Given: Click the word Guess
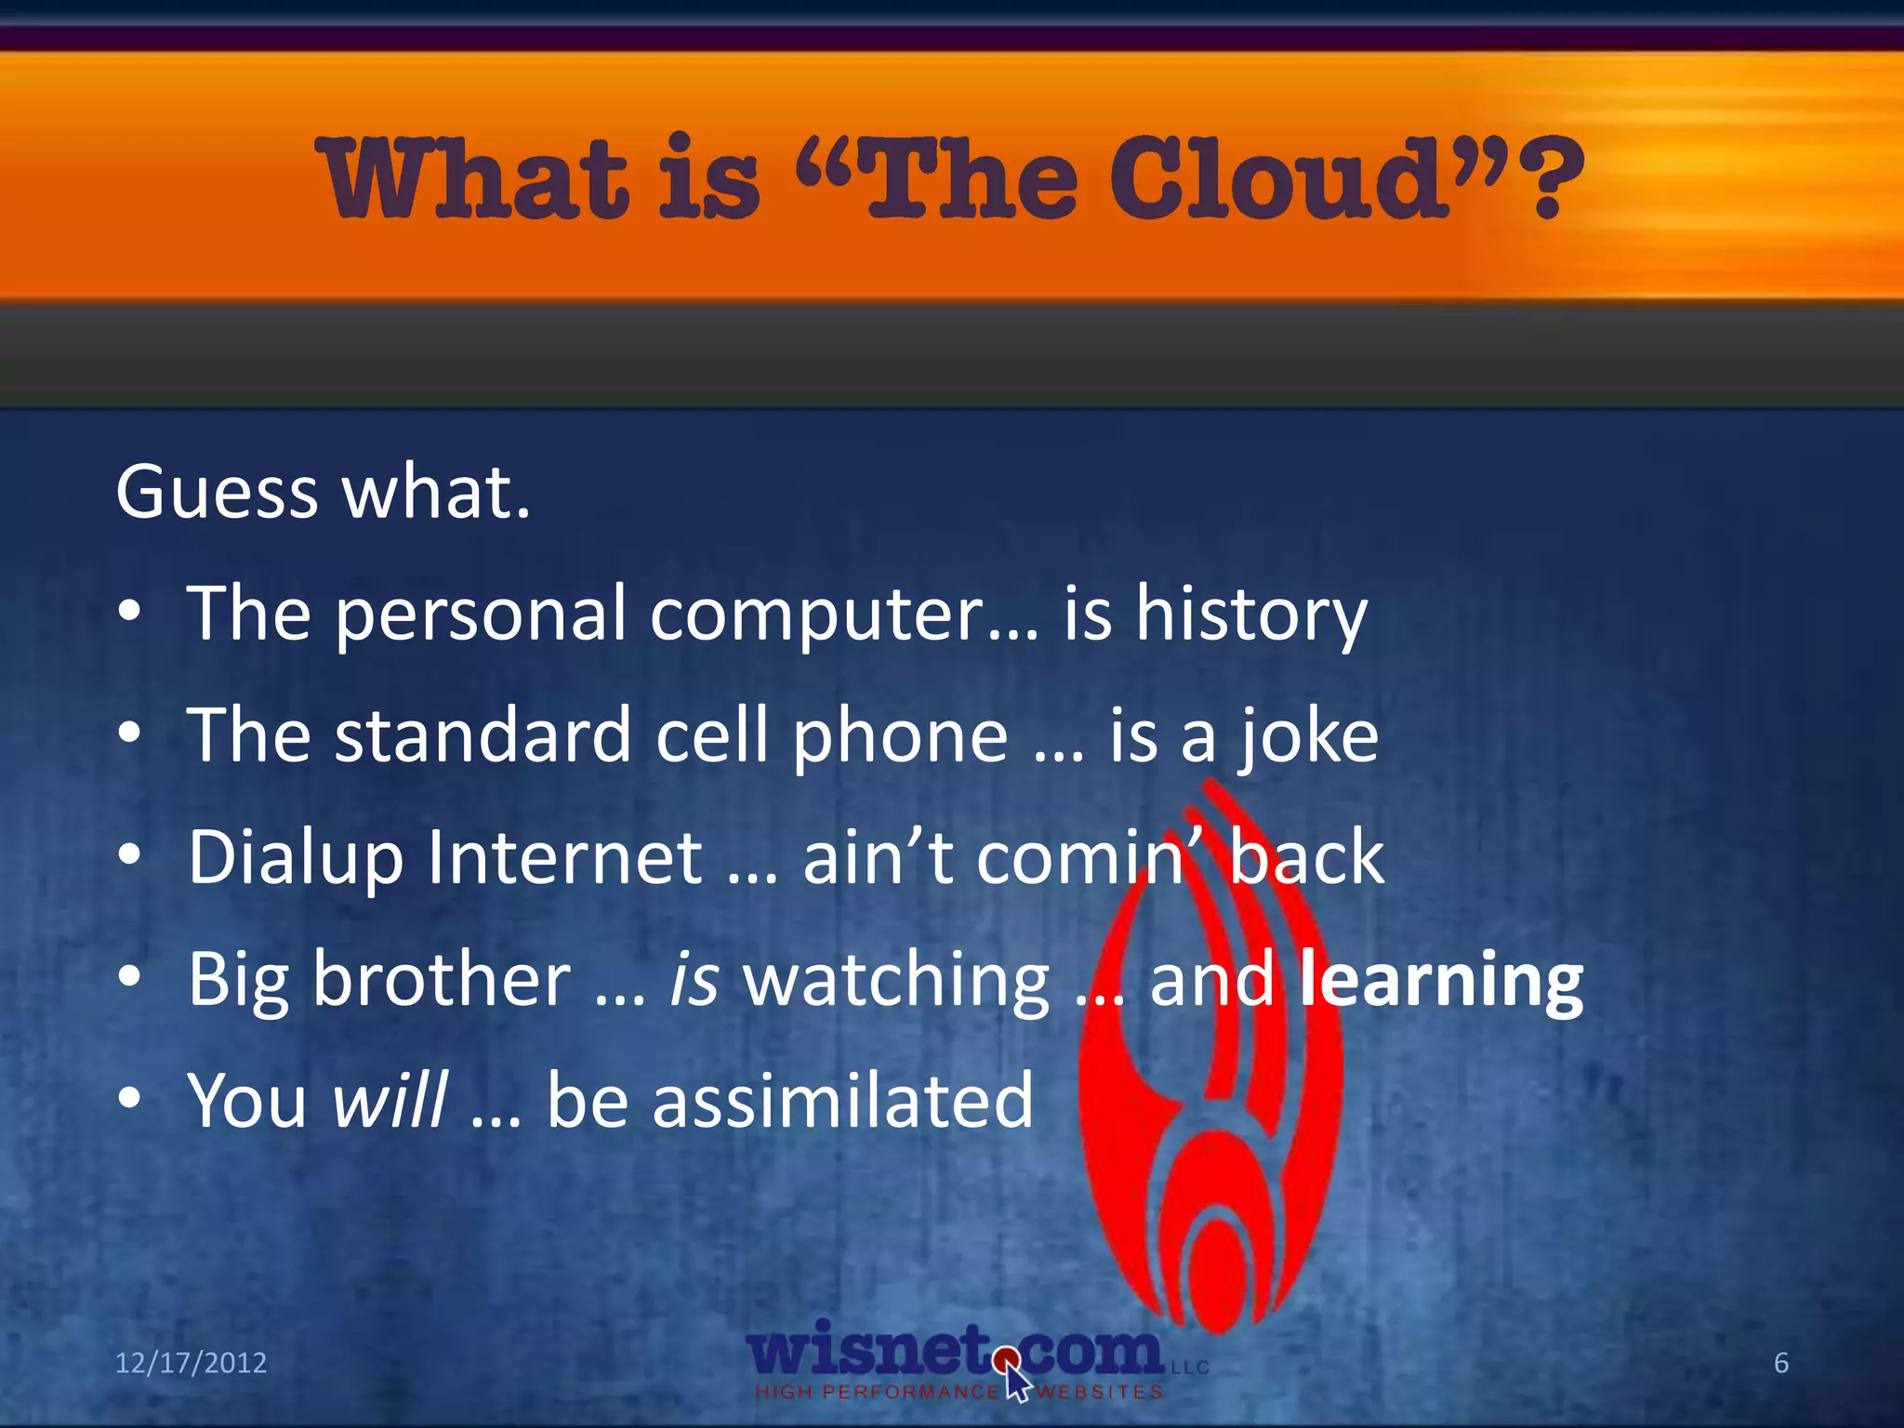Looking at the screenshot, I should (x=217, y=492).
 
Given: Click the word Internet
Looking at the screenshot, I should (x=565, y=857).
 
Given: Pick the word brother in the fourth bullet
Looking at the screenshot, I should (x=442, y=979).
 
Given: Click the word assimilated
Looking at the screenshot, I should (x=842, y=1101).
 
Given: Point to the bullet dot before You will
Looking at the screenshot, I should (x=130, y=1099).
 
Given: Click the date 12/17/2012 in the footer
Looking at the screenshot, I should (x=191, y=1363).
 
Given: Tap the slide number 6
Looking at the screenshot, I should (x=1780, y=1363).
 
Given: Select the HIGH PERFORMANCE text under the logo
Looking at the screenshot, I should (x=878, y=1392).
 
